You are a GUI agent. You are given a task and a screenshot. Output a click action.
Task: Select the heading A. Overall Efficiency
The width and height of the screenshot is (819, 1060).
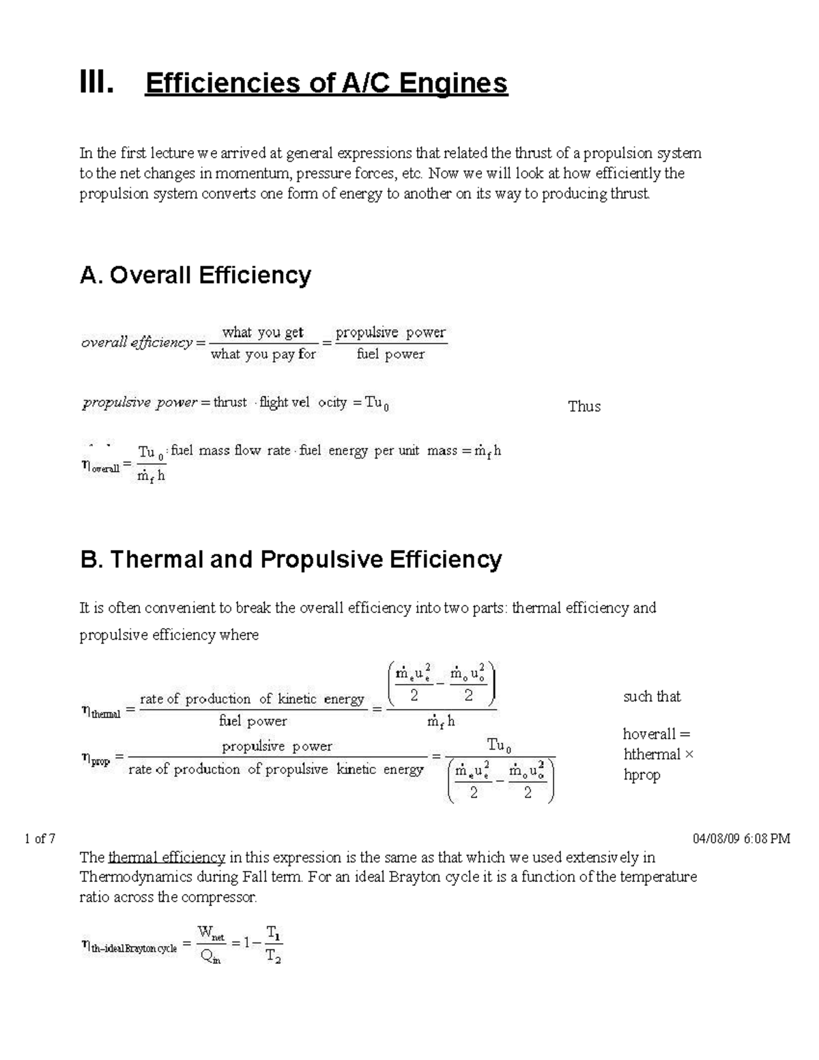click(195, 275)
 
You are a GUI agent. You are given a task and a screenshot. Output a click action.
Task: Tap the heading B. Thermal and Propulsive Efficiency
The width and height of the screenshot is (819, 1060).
click(291, 559)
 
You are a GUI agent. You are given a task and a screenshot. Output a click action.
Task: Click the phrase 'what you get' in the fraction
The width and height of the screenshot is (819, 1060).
click(263, 332)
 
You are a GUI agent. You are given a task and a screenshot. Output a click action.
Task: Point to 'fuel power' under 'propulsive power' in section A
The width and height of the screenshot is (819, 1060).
click(390, 354)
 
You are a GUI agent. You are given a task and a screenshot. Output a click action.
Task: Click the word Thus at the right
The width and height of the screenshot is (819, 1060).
click(584, 407)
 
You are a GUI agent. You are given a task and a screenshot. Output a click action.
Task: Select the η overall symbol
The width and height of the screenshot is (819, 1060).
click(100, 467)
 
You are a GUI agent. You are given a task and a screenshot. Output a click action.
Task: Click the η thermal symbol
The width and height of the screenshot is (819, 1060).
click(100, 712)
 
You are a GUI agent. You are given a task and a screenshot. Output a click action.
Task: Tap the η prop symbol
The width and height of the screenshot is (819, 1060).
click(96, 758)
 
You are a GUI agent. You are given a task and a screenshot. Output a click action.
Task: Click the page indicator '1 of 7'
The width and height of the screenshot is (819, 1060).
click(40, 839)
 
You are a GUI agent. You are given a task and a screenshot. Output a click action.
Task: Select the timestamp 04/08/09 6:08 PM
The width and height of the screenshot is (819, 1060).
click(741, 839)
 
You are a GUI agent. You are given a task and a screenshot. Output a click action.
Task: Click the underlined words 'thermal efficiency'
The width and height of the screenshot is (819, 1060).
click(167, 857)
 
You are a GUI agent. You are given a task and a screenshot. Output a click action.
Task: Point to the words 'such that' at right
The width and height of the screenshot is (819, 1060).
click(652, 697)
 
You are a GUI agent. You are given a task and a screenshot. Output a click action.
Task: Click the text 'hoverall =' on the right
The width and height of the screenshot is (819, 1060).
click(657, 734)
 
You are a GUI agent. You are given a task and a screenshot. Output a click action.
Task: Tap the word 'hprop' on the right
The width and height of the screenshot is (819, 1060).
click(642, 775)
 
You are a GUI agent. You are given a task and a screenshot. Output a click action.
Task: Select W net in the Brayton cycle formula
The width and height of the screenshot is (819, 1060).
click(210, 933)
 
